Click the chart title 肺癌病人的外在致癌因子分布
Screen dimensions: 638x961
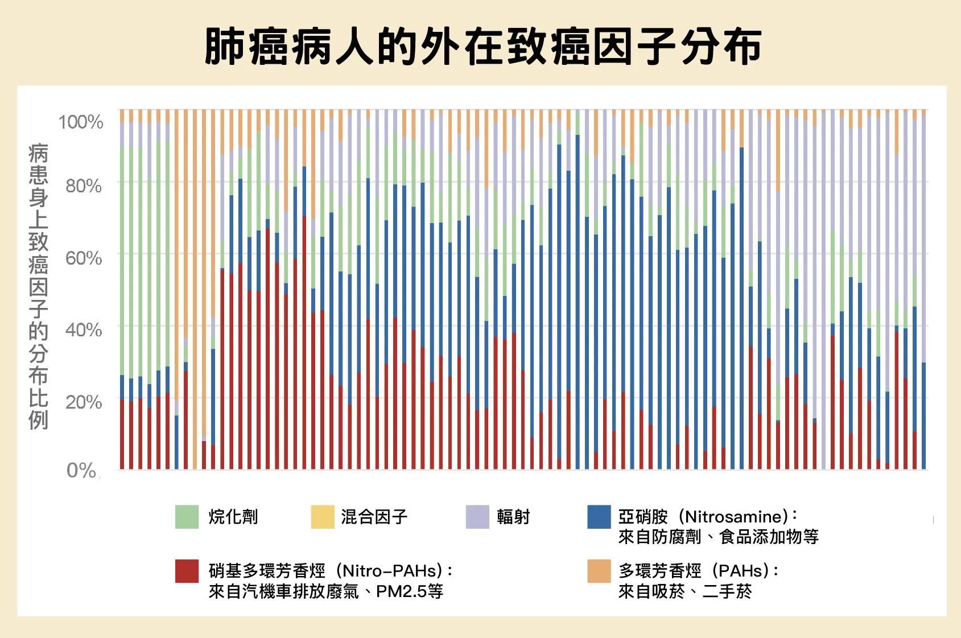tap(482, 46)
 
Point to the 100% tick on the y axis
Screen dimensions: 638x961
tap(80, 121)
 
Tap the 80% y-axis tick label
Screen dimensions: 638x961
tap(83, 186)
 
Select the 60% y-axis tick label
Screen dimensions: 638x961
tap(83, 258)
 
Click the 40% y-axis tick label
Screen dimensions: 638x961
tap(83, 330)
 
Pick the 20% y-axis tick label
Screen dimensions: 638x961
tap(83, 402)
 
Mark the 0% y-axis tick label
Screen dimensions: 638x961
tap(81, 470)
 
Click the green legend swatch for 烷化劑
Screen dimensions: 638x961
tap(187, 517)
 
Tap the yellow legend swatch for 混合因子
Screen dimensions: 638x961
tap(323, 517)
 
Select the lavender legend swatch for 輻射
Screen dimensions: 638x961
tap(477, 517)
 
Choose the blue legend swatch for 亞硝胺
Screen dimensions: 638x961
tap(599, 517)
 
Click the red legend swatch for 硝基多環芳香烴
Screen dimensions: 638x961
tap(187, 571)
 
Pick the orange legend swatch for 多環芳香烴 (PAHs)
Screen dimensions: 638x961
tap(599, 571)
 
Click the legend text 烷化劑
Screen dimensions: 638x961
tap(233, 517)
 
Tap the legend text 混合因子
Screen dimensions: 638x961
tap(374, 517)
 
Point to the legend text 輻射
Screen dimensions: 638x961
tap(513, 517)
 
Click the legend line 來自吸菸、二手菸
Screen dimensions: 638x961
tap(685, 592)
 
